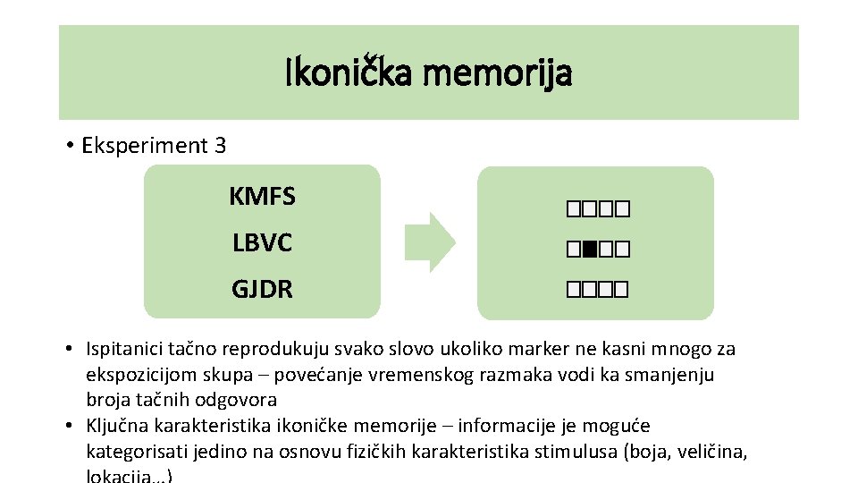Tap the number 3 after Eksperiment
coord(220,145)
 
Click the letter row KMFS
coord(262,196)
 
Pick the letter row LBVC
coord(262,243)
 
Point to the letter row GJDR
coord(262,290)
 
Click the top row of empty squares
coord(597,211)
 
